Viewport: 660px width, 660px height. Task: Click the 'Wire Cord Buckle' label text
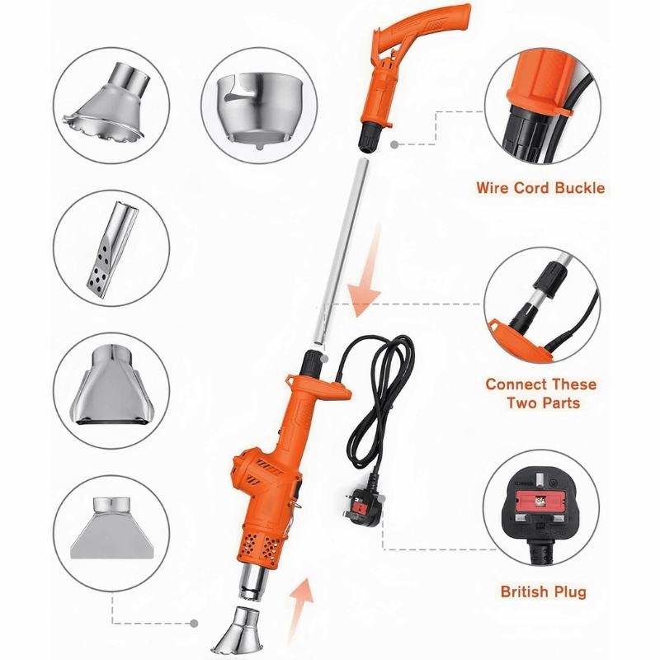click(x=540, y=188)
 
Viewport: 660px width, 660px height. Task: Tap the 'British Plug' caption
click(x=544, y=592)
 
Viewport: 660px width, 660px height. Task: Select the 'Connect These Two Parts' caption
click(x=540, y=394)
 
